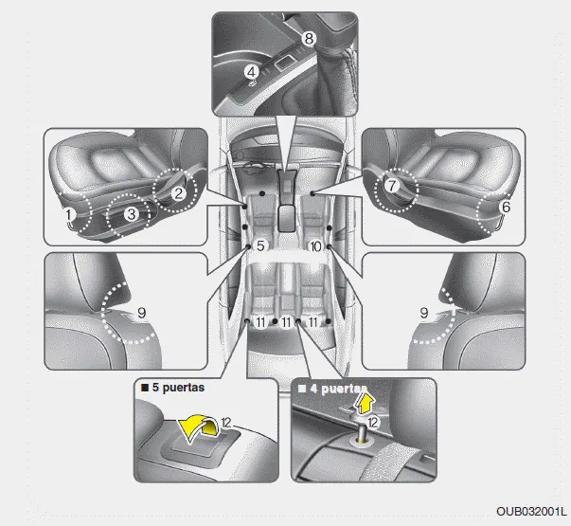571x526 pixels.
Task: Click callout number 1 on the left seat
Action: click(x=69, y=215)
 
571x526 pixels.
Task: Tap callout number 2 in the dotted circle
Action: click(x=178, y=193)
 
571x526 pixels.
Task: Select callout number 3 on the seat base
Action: click(x=132, y=214)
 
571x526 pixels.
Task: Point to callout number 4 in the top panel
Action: click(x=252, y=72)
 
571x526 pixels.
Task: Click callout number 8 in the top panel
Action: click(x=309, y=38)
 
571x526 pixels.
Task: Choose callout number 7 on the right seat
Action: click(x=391, y=186)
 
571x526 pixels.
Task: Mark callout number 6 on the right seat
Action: click(x=507, y=207)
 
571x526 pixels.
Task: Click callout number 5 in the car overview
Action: click(x=260, y=246)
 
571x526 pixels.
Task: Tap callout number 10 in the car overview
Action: click(x=315, y=246)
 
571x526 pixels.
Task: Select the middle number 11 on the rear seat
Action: click(x=286, y=322)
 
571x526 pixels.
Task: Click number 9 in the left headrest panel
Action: click(x=142, y=313)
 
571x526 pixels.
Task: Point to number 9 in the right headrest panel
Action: click(x=424, y=313)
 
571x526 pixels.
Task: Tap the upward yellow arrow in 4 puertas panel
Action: click(x=365, y=403)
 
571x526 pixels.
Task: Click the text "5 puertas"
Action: click(x=178, y=388)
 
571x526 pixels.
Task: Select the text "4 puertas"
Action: click(x=337, y=389)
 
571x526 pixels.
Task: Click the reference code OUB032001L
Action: click(x=531, y=512)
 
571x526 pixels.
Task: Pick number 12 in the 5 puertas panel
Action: click(x=226, y=423)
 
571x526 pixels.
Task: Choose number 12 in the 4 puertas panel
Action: click(x=373, y=423)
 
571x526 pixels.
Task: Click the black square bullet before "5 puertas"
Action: click(x=145, y=388)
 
